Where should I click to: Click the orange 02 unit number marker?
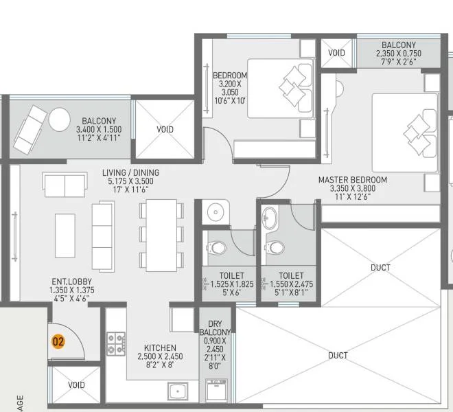[x=59, y=340]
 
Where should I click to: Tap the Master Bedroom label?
[x=353, y=180]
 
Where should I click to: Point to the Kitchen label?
[x=160, y=348]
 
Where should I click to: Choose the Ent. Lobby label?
[x=72, y=282]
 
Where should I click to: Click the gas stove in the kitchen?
[x=115, y=341]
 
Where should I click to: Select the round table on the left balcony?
[x=60, y=118]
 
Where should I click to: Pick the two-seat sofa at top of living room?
[x=65, y=184]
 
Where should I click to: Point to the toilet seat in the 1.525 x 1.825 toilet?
[x=217, y=247]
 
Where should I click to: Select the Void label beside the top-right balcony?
[x=336, y=53]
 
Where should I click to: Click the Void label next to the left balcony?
[x=165, y=129]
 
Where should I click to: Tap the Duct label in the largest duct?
[x=338, y=355]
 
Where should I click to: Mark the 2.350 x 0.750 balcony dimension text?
[x=397, y=54]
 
